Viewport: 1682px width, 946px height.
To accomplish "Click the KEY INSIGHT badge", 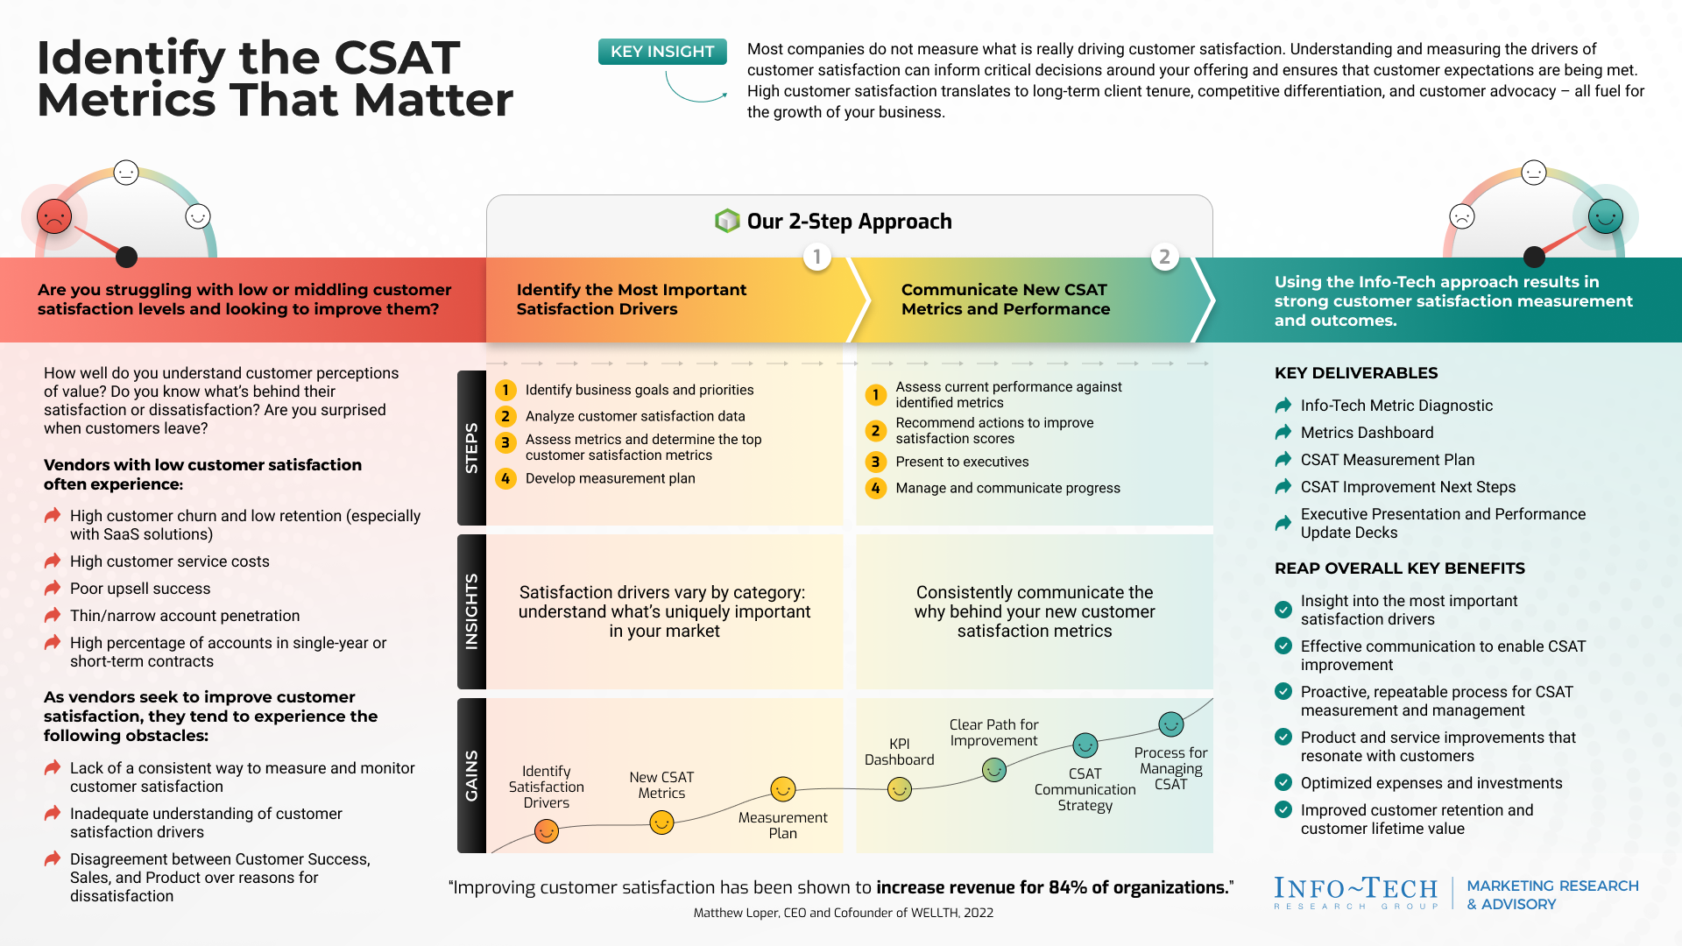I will [662, 52].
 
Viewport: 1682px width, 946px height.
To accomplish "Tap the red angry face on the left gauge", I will [54, 215].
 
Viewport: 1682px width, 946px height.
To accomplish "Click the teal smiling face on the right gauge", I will [1605, 215].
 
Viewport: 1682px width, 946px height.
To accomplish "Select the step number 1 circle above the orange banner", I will [816, 257].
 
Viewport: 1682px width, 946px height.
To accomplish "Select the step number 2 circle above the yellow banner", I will [1164, 257].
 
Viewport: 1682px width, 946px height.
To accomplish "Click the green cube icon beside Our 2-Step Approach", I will [727, 221].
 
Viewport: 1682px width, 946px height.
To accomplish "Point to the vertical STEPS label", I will [471, 448].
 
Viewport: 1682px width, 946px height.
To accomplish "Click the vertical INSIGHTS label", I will [471, 611].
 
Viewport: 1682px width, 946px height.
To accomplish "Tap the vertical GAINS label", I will [471, 775].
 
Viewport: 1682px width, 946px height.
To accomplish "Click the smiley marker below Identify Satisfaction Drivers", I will [547, 830].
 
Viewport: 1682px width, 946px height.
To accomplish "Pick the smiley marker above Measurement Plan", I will [782, 789].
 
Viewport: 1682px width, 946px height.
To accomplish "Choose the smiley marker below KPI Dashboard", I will [900, 789].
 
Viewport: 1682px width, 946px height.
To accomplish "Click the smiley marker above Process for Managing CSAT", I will [1171, 724].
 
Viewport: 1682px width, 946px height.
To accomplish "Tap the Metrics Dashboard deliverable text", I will [1367, 433].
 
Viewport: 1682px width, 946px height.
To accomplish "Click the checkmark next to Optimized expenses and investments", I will [1283, 782].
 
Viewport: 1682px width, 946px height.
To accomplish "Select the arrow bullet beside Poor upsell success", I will [53, 588].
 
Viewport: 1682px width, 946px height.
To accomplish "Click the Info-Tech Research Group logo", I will [1356, 893].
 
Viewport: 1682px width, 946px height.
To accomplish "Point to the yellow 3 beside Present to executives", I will [875, 462].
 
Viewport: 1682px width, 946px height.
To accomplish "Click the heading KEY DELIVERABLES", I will [1356, 373].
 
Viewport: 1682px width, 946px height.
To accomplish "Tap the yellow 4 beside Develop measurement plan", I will [505, 478].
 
